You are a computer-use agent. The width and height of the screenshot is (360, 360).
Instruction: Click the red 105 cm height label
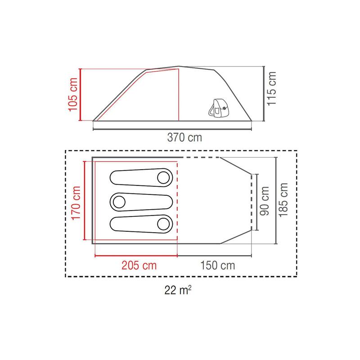pyautogui.click(x=73, y=94)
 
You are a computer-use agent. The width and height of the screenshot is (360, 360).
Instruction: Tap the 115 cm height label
pyautogui.click(x=271, y=89)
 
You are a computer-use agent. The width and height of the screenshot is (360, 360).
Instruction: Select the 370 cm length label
pyautogui.click(x=184, y=138)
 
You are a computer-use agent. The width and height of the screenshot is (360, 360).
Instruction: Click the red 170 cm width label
pyautogui.click(x=76, y=203)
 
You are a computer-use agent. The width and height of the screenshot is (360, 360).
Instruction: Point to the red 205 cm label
pyautogui.click(x=139, y=265)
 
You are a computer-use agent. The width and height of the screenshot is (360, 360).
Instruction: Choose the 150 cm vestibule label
pyautogui.click(x=218, y=265)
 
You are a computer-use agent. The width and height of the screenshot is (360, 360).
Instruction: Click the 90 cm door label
pyautogui.click(x=265, y=201)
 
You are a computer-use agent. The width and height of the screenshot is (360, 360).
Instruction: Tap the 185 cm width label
pyautogui.click(x=283, y=200)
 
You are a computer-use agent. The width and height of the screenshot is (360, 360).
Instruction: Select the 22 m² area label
pyautogui.click(x=178, y=290)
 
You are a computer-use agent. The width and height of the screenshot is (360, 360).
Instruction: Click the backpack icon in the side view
pyautogui.click(x=219, y=108)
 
